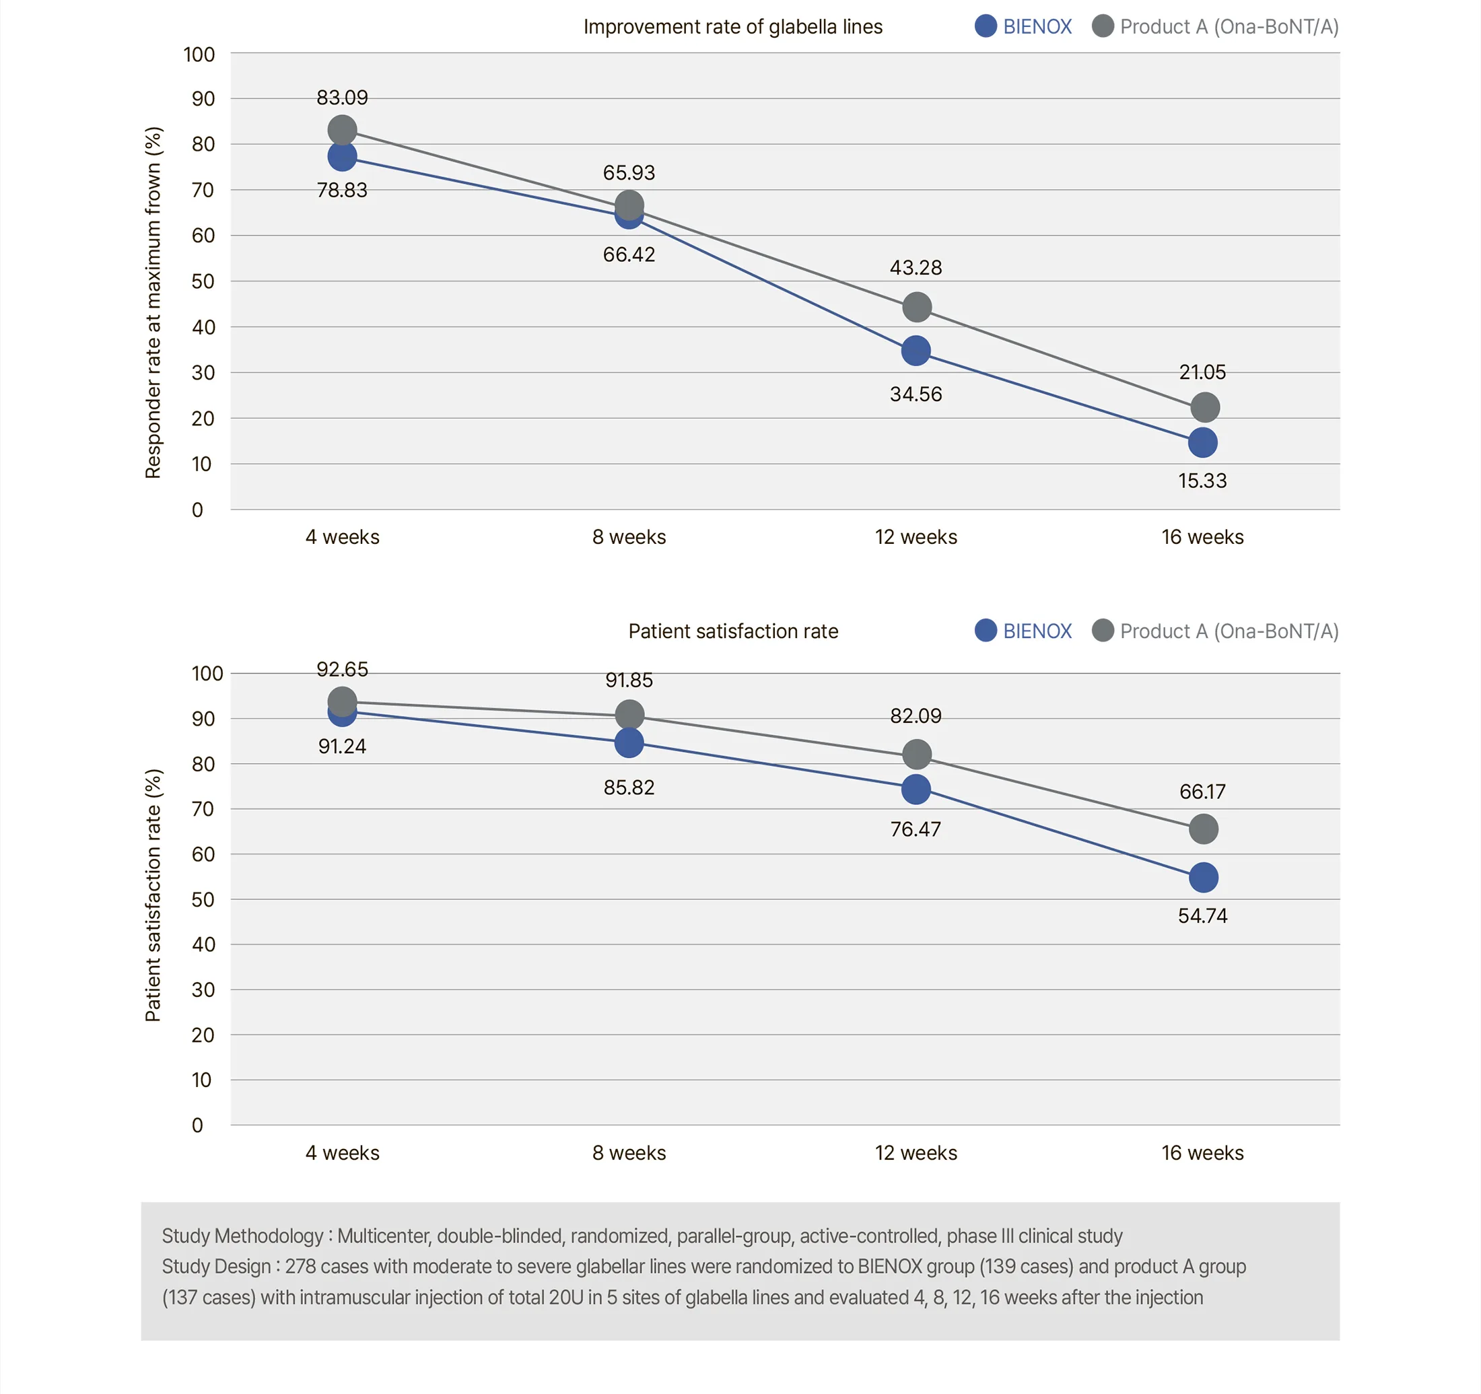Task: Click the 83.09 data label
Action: tap(342, 98)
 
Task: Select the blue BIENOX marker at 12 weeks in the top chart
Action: tap(916, 350)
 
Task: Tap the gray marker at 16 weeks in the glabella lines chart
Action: tap(1204, 407)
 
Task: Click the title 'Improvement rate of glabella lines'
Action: tap(732, 28)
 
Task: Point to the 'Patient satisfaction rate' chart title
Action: tap(733, 631)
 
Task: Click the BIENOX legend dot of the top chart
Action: tap(986, 26)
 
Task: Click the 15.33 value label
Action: tap(1202, 481)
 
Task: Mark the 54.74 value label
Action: tap(1202, 915)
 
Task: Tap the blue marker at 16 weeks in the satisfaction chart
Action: tap(1203, 878)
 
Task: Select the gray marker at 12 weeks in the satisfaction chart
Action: tap(916, 754)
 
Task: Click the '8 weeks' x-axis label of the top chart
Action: tap(629, 537)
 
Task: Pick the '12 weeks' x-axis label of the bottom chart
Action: tap(916, 1152)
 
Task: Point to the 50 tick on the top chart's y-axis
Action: tap(203, 281)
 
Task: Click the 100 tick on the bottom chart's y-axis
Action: tap(207, 674)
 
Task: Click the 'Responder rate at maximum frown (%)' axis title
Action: tap(153, 302)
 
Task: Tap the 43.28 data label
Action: tap(916, 267)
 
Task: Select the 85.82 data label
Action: tap(629, 788)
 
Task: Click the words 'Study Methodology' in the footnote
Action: tap(243, 1236)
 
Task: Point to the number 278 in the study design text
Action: tap(300, 1267)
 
